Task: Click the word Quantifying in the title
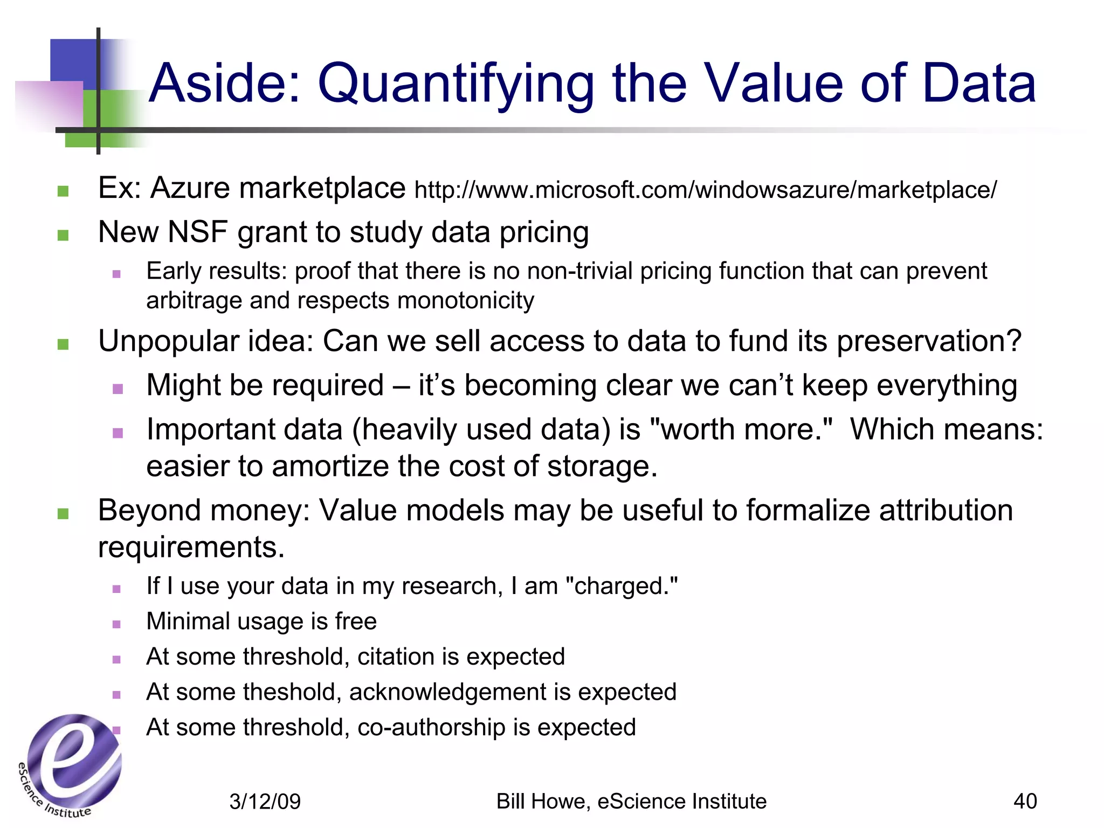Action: pos(456,85)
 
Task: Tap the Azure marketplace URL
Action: pos(705,190)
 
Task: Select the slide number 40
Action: pos(1025,802)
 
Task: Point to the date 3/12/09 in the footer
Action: pos(265,802)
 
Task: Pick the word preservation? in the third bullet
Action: pos(929,341)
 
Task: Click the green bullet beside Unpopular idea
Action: pos(63,344)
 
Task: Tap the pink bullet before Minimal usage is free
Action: pos(116,624)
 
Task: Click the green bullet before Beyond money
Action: pos(63,513)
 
